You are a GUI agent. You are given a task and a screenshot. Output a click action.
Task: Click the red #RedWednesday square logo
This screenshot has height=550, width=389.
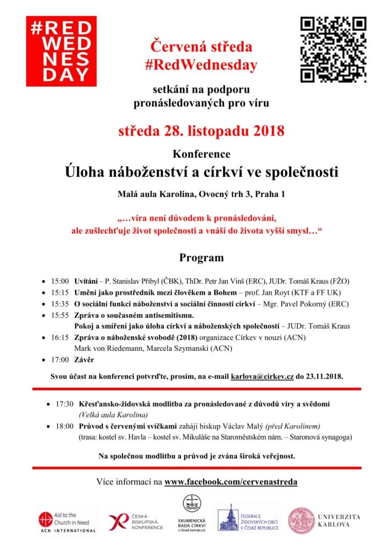pyautogui.click(x=61, y=51)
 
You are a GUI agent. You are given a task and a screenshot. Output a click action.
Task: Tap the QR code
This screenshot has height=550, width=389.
pyautogui.click(x=333, y=49)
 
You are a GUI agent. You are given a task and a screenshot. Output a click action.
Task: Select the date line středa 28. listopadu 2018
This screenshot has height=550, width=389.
pyautogui.click(x=201, y=131)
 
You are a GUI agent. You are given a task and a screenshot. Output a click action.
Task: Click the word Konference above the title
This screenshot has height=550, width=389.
pyautogui.click(x=201, y=154)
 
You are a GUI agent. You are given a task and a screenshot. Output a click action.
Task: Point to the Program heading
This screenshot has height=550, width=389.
pyautogui.click(x=201, y=258)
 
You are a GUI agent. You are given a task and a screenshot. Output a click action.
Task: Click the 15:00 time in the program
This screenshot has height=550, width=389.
pyautogui.click(x=60, y=281)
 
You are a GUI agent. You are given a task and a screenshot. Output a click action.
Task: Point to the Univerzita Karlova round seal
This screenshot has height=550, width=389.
pyautogui.click(x=302, y=520)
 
